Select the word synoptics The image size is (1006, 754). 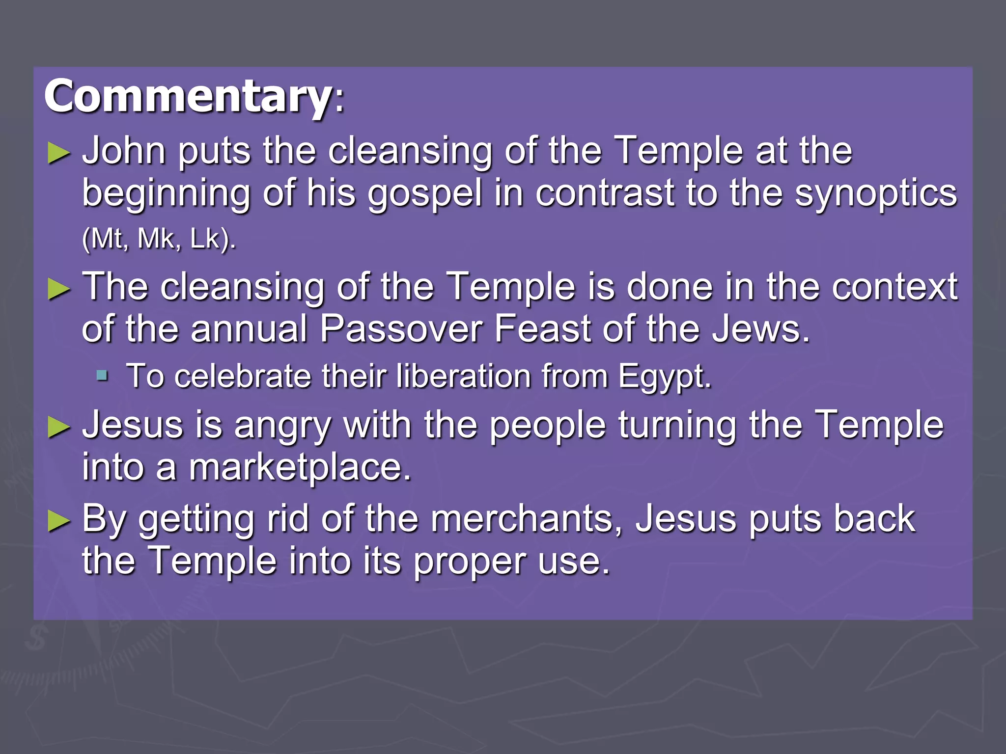[876, 193]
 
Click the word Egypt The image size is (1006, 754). [664, 377]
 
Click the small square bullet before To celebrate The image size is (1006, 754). [102, 376]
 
